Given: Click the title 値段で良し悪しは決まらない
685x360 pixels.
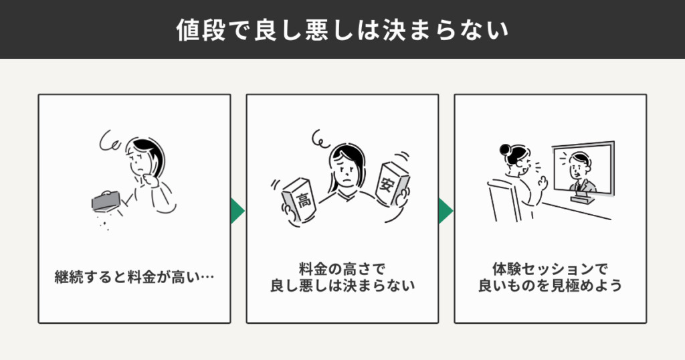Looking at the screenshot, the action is click(342, 29).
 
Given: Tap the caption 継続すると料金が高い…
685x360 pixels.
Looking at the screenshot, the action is click(134, 277).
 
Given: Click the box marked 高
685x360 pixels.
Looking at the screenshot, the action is click(299, 199).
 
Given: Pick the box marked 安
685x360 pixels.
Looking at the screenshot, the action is click(392, 184).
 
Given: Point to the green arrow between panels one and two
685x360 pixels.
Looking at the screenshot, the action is click(237, 211).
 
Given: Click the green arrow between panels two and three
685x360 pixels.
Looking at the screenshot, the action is click(446, 211).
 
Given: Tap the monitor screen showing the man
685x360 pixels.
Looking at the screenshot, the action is click(583, 168).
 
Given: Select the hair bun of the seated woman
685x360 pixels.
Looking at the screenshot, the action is click(506, 149).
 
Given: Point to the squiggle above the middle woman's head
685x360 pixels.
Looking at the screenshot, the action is click(320, 139).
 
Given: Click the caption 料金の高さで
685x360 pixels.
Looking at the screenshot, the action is click(342, 268).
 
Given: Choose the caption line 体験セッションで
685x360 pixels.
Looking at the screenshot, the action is click(550, 268).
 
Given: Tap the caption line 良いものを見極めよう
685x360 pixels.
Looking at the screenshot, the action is click(550, 286).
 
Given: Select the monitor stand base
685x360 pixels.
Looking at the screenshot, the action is click(583, 199).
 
